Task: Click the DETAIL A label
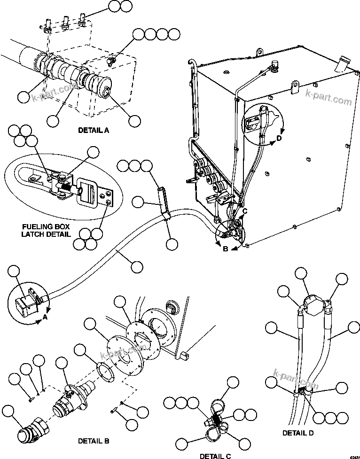tap(94, 130)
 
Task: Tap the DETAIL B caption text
tap(94, 441)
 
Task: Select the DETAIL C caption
tap(215, 456)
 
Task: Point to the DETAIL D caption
tap(298, 432)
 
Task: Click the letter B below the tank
tap(225, 249)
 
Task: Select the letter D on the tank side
tap(279, 138)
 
